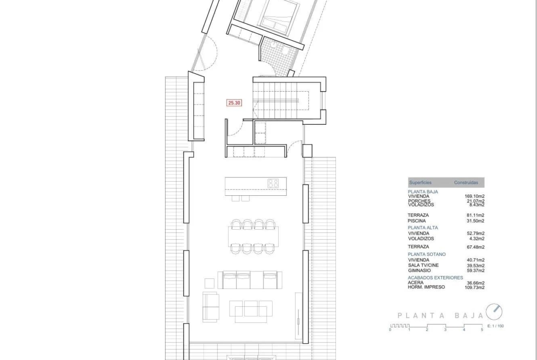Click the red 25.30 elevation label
[234, 103]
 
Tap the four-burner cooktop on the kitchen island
[273, 183]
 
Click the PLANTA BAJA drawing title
[440, 316]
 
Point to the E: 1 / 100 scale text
[496, 326]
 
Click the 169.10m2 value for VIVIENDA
[474, 196]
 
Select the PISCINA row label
[417, 221]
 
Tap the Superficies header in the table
[420, 183]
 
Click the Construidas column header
[466, 183]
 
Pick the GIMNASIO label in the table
[420, 271]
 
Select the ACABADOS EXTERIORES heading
[435, 278]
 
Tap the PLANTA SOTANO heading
[427, 255]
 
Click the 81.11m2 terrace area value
[475, 216]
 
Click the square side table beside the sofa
[210, 283]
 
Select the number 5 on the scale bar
[482, 330]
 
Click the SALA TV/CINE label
[423, 266]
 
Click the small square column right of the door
[307, 151]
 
